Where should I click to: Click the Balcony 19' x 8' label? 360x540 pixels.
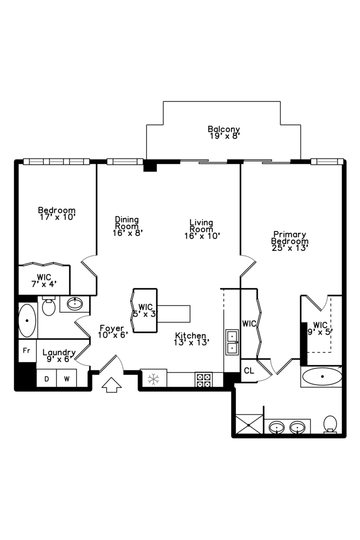pyautogui.click(x=223, y=132)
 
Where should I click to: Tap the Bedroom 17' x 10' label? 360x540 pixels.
pyautogui.click(x=57, y=213)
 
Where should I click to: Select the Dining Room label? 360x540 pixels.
pyautogui.click(x=127, y=225)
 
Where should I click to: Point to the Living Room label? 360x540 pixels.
pyautogui.click(x=201, y=229)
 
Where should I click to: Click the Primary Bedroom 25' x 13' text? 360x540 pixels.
pyautogui.click(x=289, y=240)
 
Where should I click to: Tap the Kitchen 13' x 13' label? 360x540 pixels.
pyautogui.click(x=190, y=339)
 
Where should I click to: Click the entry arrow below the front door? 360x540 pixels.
pyautogui.click(x=111, y=385)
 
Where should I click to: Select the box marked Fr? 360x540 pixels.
pyautogui.click(x=27, y=351)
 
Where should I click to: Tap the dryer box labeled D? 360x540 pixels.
pyautogui.click(x=46, y=378)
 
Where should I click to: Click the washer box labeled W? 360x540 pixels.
pyautogui.click(x=66, y=378)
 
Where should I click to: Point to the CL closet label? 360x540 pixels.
pyautogui.click(x=248, y=371)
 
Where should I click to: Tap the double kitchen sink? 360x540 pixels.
pyautogui.click(x=232, y=342)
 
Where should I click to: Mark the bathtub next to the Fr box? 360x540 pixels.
pyautogui.click(x=27, y=321)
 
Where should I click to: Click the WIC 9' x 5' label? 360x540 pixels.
pyautogui.click(x=320, y=327)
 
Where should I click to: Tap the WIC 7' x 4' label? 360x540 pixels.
pyautogui.click(x=44, y=280)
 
